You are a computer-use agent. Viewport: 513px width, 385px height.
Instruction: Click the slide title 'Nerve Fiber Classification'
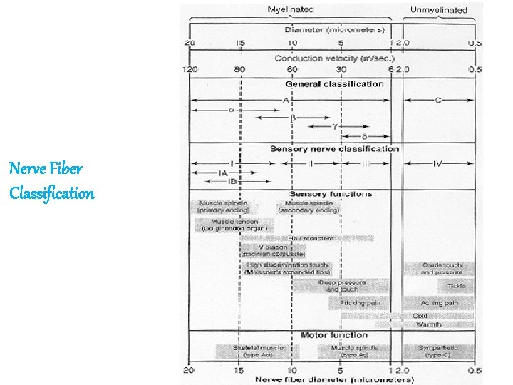(52, 181)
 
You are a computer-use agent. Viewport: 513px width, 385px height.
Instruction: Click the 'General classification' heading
(334, 84)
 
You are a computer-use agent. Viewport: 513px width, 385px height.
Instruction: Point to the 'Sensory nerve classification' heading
(334, 149)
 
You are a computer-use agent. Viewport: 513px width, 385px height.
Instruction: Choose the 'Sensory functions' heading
(331, 194)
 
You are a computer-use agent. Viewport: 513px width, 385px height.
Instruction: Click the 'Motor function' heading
(334, 335)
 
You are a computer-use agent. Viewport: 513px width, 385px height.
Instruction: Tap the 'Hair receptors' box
(312, 238)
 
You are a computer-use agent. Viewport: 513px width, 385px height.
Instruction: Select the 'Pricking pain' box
(360, 303)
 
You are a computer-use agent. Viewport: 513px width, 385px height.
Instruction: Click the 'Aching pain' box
(439, 303)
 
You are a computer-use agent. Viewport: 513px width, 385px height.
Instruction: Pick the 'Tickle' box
(456, 286)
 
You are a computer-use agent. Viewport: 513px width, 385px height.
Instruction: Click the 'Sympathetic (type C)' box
(439, 351)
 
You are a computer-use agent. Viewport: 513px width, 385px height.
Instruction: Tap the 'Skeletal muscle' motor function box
(258, 351)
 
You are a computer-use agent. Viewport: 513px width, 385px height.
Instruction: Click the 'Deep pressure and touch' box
(342, 286)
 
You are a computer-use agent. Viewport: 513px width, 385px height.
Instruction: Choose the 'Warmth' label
(427, 324)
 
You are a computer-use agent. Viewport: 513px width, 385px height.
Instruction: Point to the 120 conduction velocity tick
(190, 70)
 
